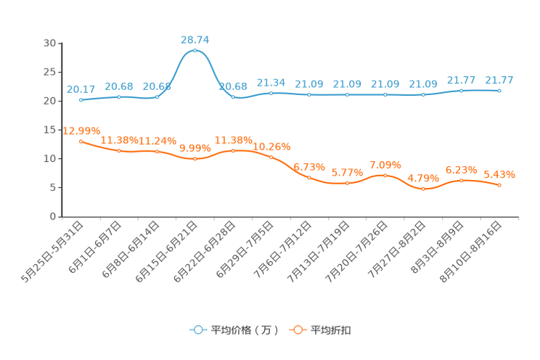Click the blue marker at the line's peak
(x=195, y=51)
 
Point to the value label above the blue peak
(x=195, y=39)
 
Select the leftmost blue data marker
(x=81, y=100)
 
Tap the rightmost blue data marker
(x=499, y=91)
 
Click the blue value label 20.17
(x=81, y=89)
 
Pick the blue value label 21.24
(x=271, y=82)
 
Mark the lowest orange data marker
(x=423, y=189)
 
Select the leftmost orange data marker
(x=81, y=141)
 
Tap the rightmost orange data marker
(x=499, y=186)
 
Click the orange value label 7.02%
(x=385, y=163)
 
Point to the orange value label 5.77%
(x=347, y=173)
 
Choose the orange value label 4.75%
(x=423, y=178)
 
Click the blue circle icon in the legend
(x=197, y=330)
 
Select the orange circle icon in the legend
(x=297, y=330)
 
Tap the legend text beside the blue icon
(x=244, y=330)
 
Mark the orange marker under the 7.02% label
(x=385, y=175)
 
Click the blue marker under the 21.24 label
(x=271, y=93)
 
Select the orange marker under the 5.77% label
(x=347, y=184)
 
